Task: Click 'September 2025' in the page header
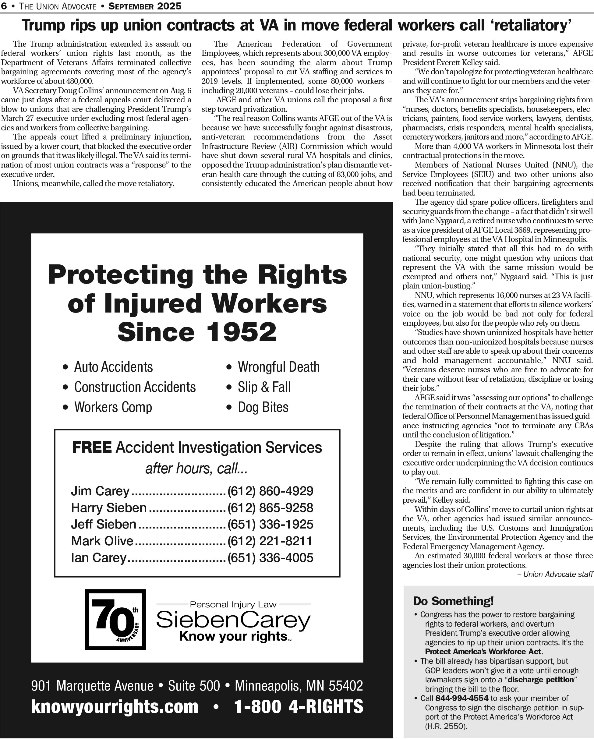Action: point(145,6)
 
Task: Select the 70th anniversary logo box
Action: point(115,620)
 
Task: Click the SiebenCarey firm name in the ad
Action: point(233,620)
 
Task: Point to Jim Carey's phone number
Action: point(270,491)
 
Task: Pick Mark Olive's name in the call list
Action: point(102,541)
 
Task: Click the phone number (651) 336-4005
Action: point(270,558)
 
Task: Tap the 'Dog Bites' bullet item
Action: point(263,407)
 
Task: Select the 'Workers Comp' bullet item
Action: point(113,407)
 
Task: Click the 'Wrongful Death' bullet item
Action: point(278,367)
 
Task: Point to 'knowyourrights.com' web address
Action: point(115,707)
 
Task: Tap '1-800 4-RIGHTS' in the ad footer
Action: point(298,707)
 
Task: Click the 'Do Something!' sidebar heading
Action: point(453,601)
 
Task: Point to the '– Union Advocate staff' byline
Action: point(555,574)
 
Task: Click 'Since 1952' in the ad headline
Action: point(197,332)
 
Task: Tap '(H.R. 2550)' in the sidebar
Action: point(446,726)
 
